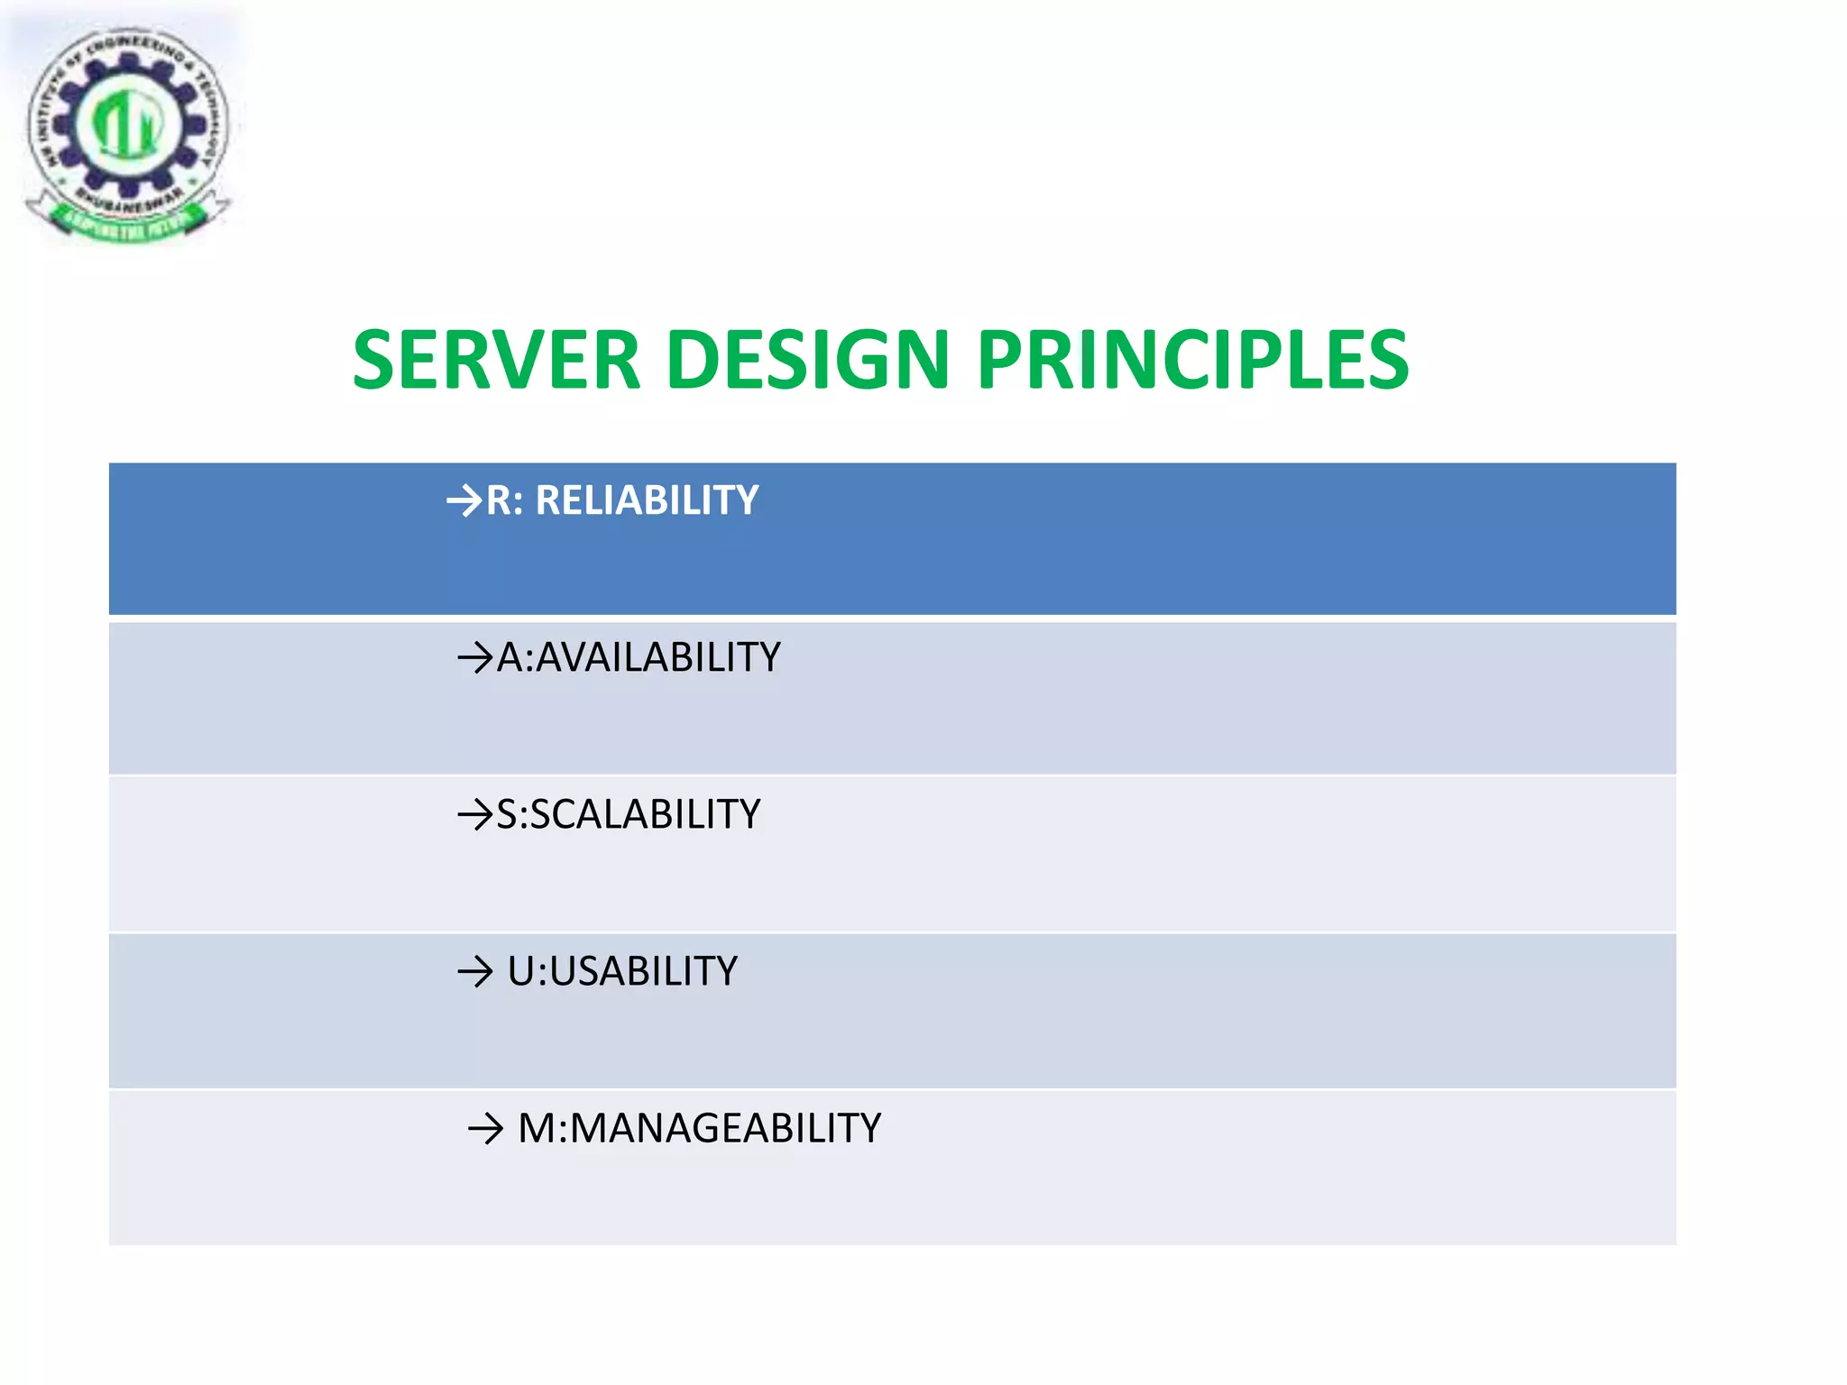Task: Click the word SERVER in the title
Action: coord(496,360)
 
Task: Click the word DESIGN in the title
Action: coord(808,360)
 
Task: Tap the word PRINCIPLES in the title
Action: coord(1192,360)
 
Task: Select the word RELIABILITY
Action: coord(647,500)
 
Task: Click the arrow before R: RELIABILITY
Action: coord(465,500)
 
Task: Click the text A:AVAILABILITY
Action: coord(638,657)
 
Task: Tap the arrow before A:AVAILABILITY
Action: coord(475,658)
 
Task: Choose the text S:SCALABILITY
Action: coord(628,814)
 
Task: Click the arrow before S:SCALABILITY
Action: coord(475,815)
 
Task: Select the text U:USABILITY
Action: coord(622,971)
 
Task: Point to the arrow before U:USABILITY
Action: coord(475,972)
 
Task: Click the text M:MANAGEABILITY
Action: coord(699,1128)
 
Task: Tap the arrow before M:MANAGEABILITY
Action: coord(485,1129)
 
